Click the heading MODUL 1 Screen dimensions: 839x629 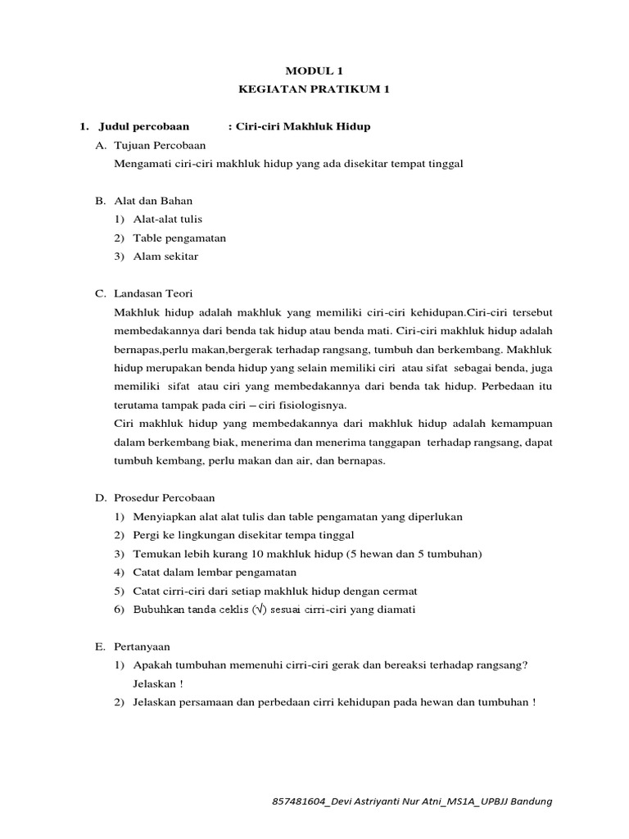pos(314,72)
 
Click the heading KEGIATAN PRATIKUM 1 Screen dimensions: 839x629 pos(314,90)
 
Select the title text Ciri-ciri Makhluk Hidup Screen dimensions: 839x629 pos(303,126)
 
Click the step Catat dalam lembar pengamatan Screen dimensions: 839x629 pos(215,572)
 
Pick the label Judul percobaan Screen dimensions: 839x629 pos(143,126)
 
